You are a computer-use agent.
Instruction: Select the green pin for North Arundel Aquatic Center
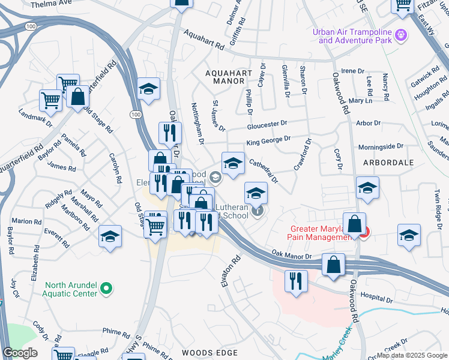pyautogui.click(x=106, y=289)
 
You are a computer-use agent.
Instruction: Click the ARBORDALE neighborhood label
pyautogui.click(x=388, y=163)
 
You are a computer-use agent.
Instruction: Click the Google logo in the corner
pyautogui.click(x=20, y=353)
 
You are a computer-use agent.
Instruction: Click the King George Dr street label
pyautogui.click(x=268, y=141)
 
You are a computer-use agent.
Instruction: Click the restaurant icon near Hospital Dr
pyautogui.click(x=296, y=281)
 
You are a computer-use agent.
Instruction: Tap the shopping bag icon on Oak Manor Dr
pyautogui.click(x=333, y=265)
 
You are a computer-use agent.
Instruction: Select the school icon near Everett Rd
pyautogui.click(x=110, y=237)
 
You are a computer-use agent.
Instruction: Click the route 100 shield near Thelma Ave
pyautogui.click(x=29, y=26)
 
